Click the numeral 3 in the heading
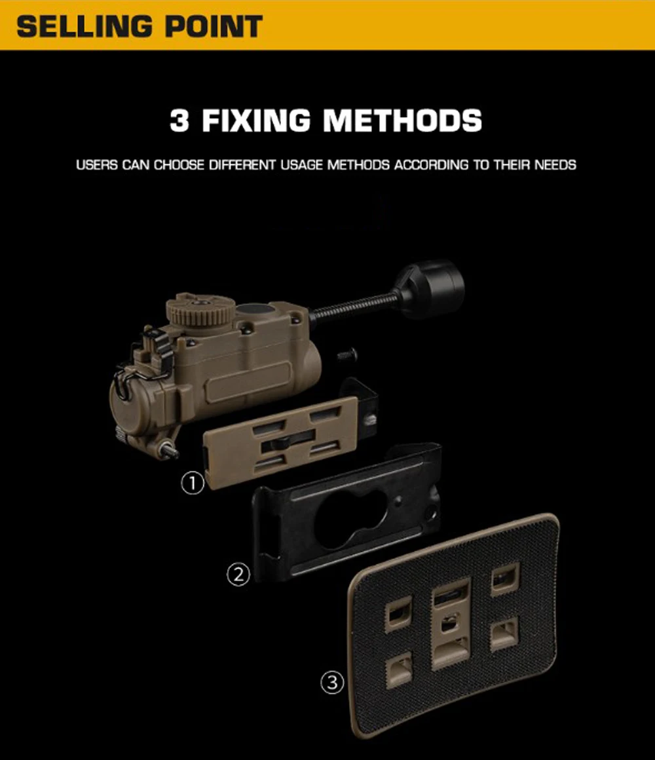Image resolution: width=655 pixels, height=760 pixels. click(x=179, y=120)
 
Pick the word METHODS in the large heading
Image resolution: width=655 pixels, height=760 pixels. click(x=403, y=120)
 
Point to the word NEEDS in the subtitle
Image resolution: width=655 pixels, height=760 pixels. click(x=555, y=165)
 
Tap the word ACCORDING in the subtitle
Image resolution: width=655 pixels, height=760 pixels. click(x=431, y=165)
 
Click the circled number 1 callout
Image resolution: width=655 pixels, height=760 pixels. click(x=193, y=484)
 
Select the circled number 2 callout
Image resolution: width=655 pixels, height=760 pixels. click(x=238, y=575)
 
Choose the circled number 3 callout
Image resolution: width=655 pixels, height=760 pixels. click(x=332, y=683)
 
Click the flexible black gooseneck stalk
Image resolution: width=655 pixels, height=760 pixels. click(x=354, y=305)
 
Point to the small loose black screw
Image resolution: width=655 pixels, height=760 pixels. click(x=347, y=356)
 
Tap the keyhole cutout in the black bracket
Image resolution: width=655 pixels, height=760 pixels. click(x=350, y=519)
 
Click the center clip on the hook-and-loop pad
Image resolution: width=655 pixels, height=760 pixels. click(x=451, y=623)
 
